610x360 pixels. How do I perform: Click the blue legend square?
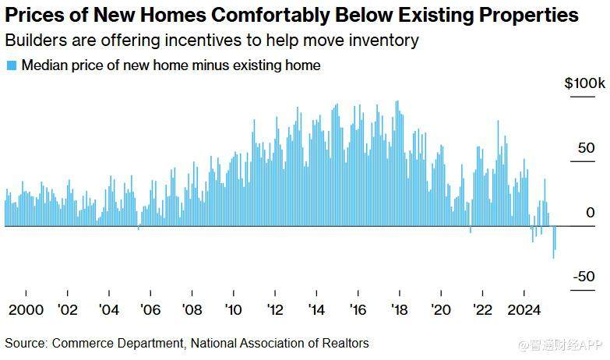11,66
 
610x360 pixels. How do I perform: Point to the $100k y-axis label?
584,83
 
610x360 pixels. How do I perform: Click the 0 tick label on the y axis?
591,213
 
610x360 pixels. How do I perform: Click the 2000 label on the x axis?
25,309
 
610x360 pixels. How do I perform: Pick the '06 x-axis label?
150,309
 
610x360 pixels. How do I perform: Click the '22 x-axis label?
483,309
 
